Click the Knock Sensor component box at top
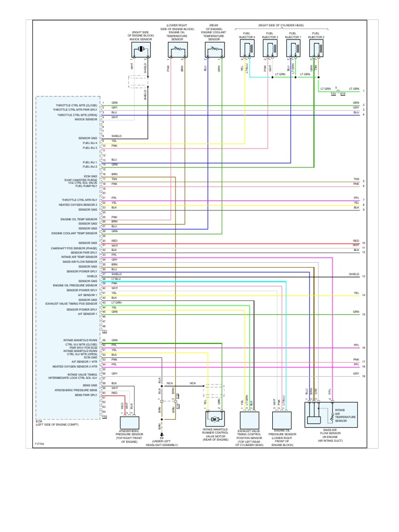pyautogui.click(x=142, y=50)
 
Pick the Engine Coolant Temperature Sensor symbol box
pyautogui.click(x=214, y=50)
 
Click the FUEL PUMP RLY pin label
pyautogui.click(x=87, y=185)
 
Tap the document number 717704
pyautogui.click(x=39, y=444)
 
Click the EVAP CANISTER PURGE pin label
pyautogui.click(x=81, y=180)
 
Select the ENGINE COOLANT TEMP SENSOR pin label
pyautogui.click(x=74, y=233)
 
